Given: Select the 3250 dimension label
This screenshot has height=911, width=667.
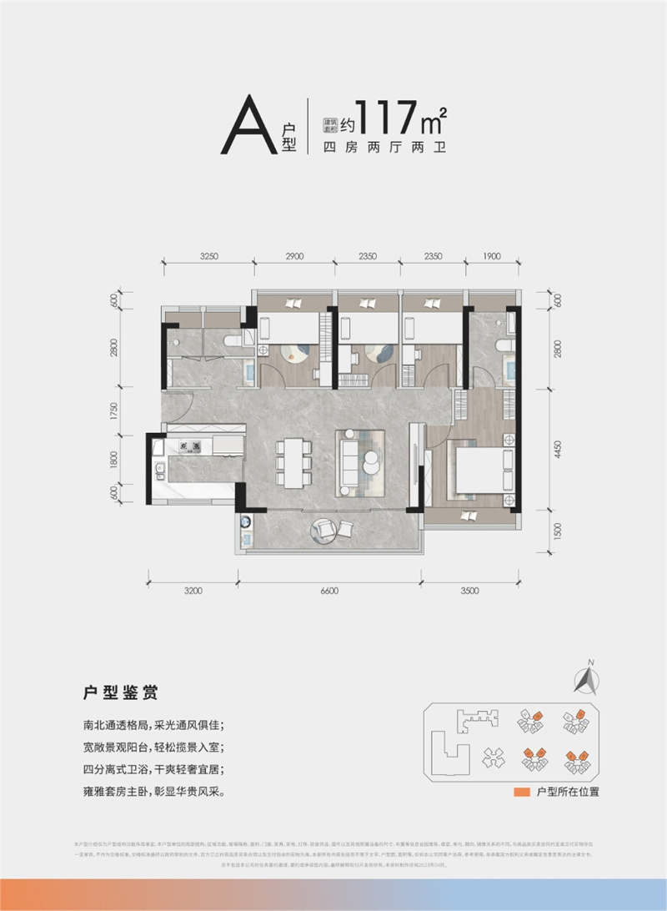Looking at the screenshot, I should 208,258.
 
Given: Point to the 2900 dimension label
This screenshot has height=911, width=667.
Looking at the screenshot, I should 294,258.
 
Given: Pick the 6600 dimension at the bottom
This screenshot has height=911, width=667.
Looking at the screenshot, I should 329,591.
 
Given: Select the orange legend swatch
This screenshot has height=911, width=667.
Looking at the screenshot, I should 522,791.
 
